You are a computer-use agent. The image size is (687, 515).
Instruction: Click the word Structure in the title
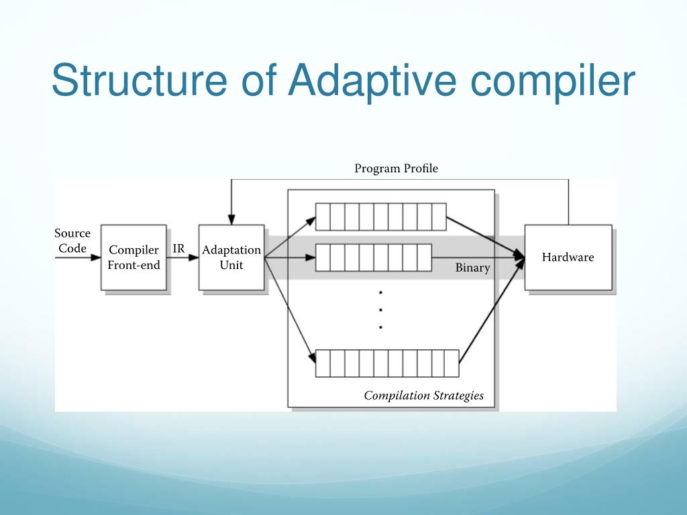[140, 80]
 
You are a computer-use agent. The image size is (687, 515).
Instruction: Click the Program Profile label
[396, 168]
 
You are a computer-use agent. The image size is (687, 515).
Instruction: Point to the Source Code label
[72, 241]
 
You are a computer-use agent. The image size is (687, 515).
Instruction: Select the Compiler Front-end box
[134, 257]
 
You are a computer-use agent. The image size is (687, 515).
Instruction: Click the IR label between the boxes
[178, 249]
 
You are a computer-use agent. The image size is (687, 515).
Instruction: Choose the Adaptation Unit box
[231, 257]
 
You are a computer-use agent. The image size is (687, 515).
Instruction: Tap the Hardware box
[568, 257]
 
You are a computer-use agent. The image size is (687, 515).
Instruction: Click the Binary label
[472, 268]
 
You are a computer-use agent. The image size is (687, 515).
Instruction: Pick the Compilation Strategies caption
[424, 396]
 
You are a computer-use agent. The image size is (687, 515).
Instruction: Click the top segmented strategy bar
[381, 217]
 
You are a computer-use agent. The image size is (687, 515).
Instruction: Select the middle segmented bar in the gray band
[374, 257]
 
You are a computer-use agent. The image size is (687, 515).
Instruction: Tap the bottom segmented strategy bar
[387, 363]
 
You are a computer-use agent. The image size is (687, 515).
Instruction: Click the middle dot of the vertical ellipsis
[381, 310]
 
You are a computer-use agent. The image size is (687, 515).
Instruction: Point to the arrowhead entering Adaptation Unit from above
[231, 219]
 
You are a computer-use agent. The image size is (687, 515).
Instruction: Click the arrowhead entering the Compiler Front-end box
[95, 257]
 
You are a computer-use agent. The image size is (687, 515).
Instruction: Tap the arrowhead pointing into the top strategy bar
[311, 221]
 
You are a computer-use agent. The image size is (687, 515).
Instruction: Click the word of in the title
[258, 80]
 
